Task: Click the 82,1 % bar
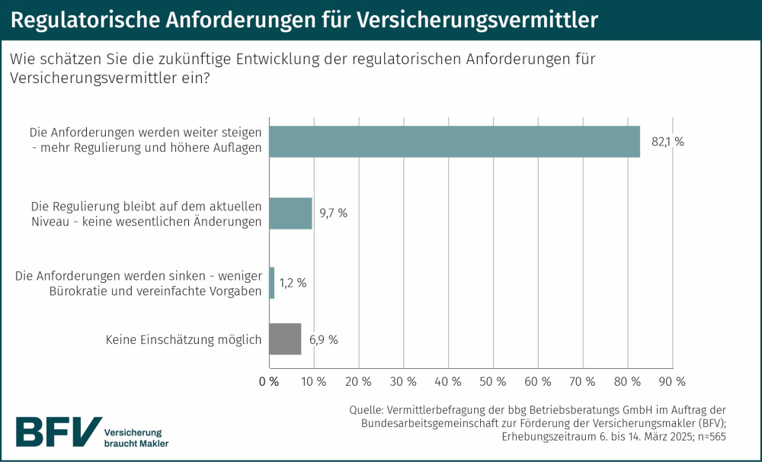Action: (x=454, y=141)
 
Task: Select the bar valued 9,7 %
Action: (x=291, y=213)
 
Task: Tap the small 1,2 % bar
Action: (x=272, y=282)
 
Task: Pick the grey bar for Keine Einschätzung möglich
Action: (x=286, y=338)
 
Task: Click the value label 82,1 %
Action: (x=668, y=142)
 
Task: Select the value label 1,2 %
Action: (x=293, y=283)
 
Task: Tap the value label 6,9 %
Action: (x=323, y=339)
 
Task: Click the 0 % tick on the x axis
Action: (x=269, y=380)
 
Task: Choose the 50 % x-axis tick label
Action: (x=493, y=380)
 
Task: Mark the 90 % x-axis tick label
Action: (x=671, y=380)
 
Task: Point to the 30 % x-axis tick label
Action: (x=403, y=380)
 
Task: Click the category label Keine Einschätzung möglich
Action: (x=184, y=339)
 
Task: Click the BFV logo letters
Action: (x=58, y=431)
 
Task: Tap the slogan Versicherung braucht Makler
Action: (x=136, y=437)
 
